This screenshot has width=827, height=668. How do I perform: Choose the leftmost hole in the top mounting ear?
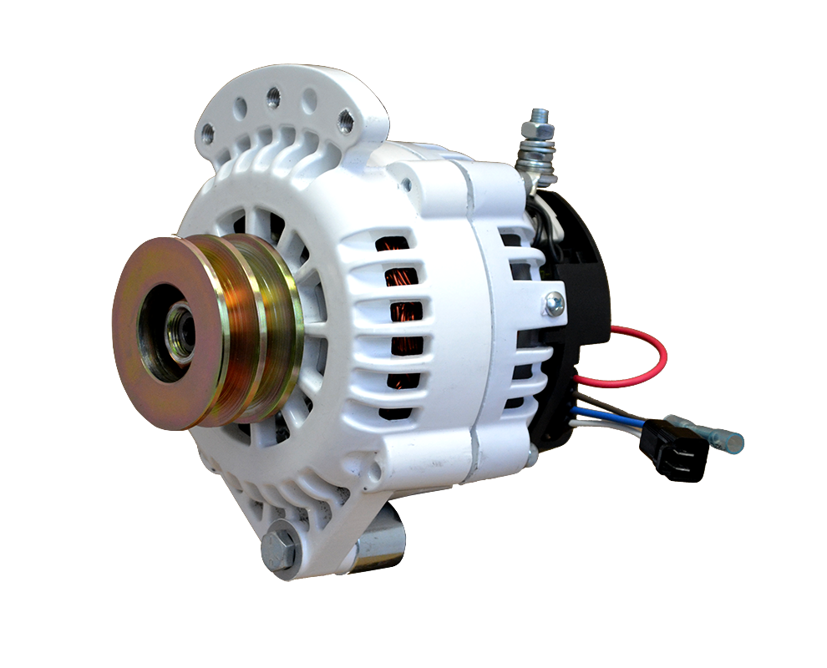click(208, 131)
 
